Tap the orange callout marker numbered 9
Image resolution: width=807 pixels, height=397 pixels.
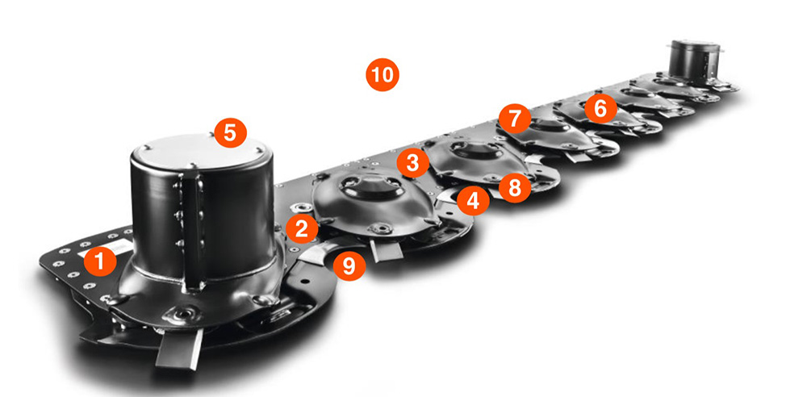[349, 265]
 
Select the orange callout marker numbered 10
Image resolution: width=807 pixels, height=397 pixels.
[383, 75]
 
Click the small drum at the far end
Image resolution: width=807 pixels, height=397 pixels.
[694, 61]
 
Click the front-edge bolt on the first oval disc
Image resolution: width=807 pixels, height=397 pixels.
[383, 227]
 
